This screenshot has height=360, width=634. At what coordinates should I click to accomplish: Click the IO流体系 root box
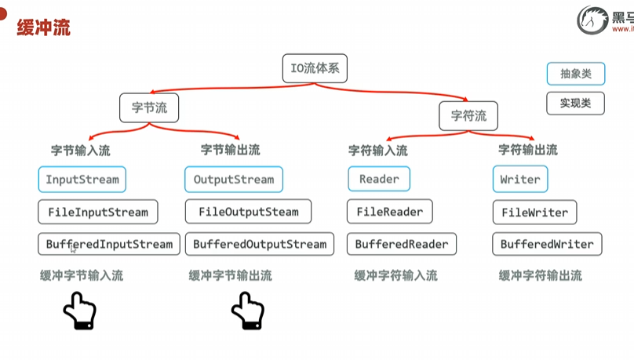(314, 68)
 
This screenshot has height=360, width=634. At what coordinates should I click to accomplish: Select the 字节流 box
(149, 108)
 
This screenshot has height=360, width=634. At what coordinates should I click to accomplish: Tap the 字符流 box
(468, 116)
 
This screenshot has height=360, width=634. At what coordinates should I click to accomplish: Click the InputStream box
(82, 180)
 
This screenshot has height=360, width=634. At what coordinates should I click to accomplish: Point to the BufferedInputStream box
(109, 244)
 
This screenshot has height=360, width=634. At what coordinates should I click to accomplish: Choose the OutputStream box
(234, 180)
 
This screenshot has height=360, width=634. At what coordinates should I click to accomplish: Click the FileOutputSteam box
(248, 212)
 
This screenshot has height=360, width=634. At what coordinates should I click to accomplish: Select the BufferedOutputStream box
(260, 244)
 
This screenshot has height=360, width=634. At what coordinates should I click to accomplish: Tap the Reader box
(379, 180)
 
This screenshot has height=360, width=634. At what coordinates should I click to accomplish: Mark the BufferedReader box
(402, 244)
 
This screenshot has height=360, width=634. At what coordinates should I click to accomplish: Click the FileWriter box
(535, 212)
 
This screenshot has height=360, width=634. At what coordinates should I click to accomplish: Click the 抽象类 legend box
(576, 75)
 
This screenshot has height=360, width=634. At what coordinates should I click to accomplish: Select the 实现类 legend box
(576, 104)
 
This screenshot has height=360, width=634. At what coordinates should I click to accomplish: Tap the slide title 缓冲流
(43, 28)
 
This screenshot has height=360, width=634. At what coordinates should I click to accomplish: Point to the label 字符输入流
(378, 150)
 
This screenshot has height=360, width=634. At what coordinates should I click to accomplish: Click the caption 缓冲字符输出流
(541, 276)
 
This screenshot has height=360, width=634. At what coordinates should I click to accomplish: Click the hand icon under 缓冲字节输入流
(79, 311)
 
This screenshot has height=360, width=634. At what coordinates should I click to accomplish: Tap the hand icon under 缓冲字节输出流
(247, 311)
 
